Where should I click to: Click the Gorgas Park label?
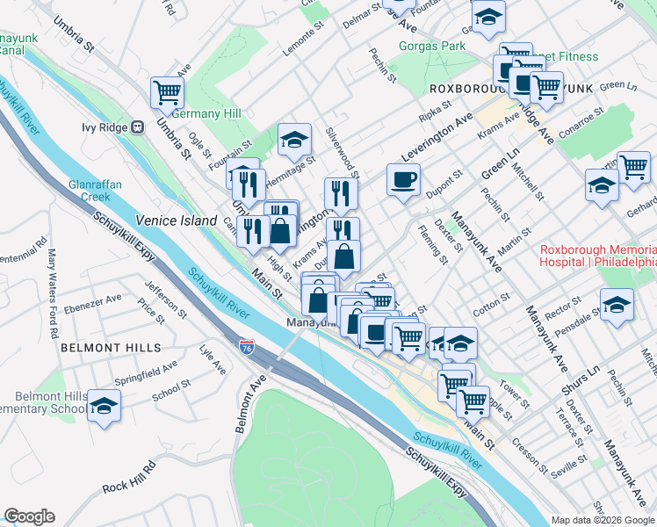pos(430,45)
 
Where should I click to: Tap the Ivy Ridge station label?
pos(105,127)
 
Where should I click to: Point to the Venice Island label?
pos(176,221)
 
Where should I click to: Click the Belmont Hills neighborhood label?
pos(111,348)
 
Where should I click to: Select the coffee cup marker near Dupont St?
pos(403,180)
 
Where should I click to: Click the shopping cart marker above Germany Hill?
pos(166,90)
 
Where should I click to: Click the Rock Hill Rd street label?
pos(128,487)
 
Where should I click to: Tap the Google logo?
pos(29,516)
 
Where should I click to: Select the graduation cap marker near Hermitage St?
pos(294,139)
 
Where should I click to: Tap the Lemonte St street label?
pos(304,40)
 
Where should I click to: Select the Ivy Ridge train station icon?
pos(137,127)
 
